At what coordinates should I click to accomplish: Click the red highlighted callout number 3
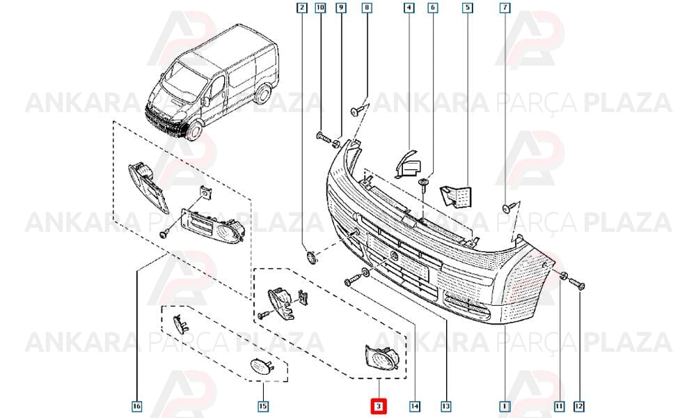point(379,406)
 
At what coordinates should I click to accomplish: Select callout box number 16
point(136,406)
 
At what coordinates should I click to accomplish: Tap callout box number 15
point(263,406)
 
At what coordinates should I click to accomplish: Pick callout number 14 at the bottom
point(415,406)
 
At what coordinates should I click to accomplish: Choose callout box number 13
point(446,406)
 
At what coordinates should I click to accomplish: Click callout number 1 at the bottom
point(505,406)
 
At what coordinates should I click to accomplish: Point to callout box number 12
point(579,406)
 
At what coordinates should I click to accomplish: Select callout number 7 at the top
point(505,8)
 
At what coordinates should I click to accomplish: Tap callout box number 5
point(468,8)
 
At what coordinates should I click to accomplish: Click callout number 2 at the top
point(302,8)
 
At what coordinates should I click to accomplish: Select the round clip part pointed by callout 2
point(312,257)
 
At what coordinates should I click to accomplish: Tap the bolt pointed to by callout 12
point(576,284)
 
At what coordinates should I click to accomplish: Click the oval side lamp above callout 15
point(260,366)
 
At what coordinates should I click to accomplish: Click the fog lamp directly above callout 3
point(381,357)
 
